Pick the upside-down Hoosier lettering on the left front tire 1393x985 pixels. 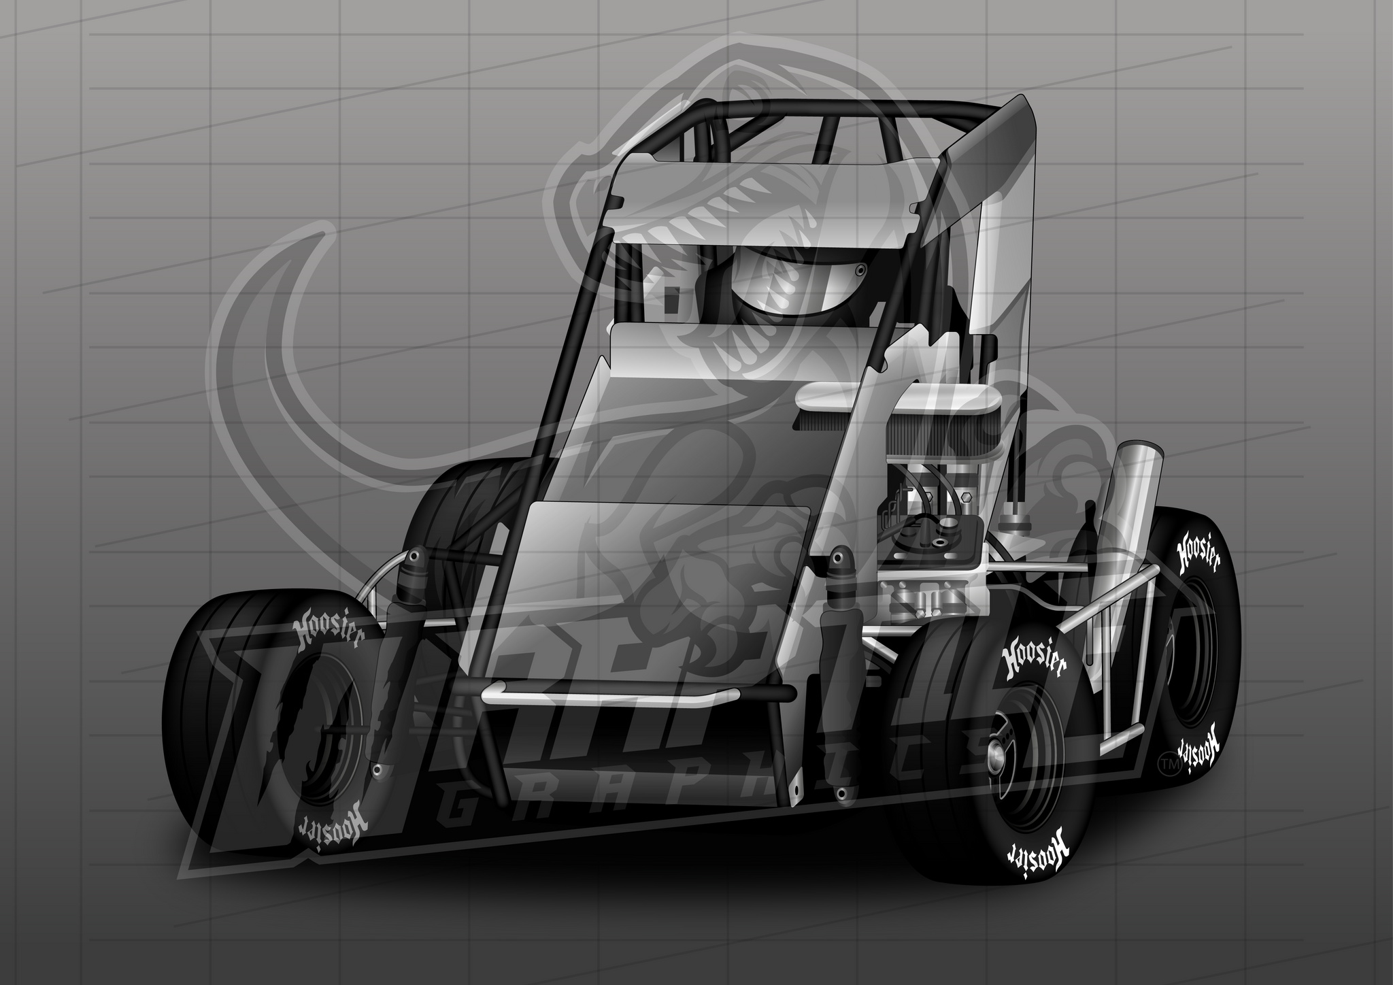click(333, 823)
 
